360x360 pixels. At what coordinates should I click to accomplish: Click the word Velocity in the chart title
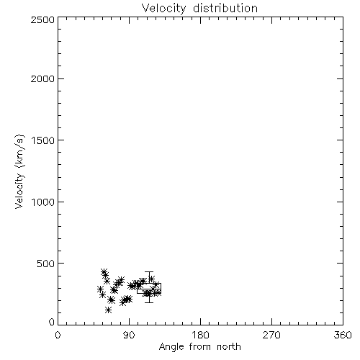click(x=163, y=9)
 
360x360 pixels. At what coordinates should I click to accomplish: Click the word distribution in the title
click(x=225, y=8)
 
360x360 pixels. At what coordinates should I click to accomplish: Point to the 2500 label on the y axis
click(x=42, y=19)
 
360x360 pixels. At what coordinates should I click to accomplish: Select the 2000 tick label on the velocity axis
click(x=42, y=78)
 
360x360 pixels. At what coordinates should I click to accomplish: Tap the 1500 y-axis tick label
click(x=43, y=140)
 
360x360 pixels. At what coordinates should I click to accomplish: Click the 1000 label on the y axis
click(x=43, y=202)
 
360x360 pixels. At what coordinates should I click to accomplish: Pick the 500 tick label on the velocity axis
click(x=46, y=264)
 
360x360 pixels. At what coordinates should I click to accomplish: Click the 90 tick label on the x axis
click(x=130, y=335)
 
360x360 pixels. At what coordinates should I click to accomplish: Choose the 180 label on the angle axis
click(x=200, y=335)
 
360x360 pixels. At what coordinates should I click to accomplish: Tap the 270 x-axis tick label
click(x=271, y=335)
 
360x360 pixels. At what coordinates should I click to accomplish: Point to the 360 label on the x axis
click(x=343, y=335)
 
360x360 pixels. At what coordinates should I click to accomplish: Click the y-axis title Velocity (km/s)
click(x=19, y=171)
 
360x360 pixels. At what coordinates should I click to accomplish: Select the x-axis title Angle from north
click(x=200, y=347)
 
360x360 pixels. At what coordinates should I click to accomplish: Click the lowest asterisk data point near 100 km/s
click(x=108, y=310)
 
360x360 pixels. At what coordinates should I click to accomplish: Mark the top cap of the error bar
click(x=149, y=271)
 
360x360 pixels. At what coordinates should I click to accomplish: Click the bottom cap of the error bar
click(x=149, y=302)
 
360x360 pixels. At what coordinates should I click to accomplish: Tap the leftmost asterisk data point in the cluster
click(x=100, y=289)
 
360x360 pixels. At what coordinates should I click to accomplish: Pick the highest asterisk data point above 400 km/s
click(x=104, y=272)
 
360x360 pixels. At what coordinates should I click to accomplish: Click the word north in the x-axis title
click(x=229, y=347)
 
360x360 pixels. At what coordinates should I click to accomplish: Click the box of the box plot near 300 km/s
click(x=149, y=284)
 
